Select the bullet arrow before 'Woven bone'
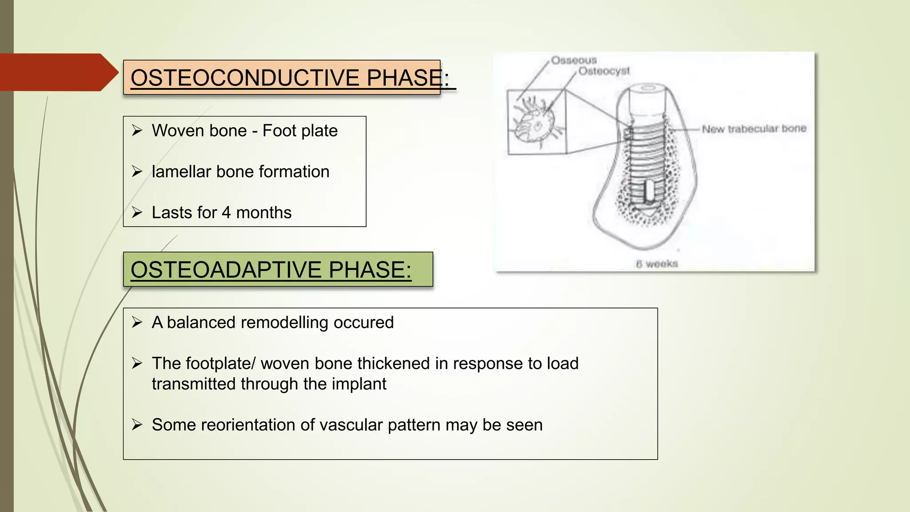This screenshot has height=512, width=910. [x=137, y=131]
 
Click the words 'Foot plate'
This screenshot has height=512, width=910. [x=300, y=131]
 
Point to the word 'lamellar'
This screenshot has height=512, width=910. [x=181, y=172]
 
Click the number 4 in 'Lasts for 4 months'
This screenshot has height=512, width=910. [x=226, y=212]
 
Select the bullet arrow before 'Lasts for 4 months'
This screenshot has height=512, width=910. [x=137, y=212]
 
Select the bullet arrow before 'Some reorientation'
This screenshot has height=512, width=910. [x=137, y=425]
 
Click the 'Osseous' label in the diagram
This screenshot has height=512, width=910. [x=574, y=60]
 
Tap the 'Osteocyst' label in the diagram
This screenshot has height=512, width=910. [x=604, y=71]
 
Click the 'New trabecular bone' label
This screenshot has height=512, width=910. [x=754, y=129]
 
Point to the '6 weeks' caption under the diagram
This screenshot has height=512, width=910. [x=657, y=264]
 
